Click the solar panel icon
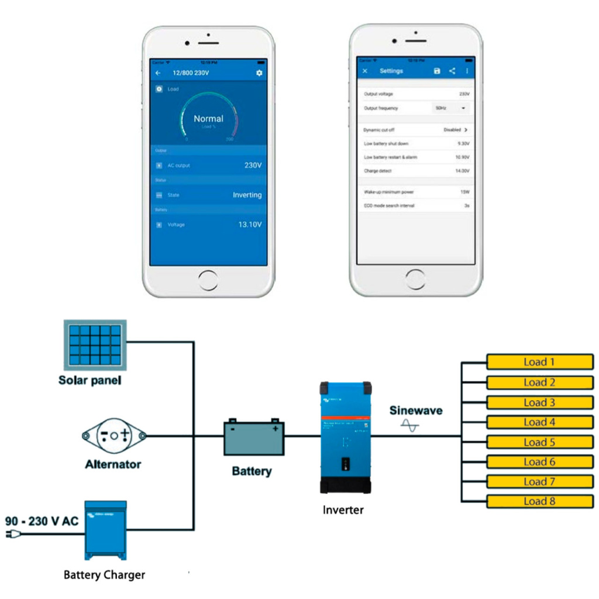[95, 345]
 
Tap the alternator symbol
[114, 436]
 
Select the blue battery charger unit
[105, 530]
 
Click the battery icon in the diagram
[254, 438]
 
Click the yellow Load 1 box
[539, 362]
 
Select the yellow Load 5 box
[539, 442]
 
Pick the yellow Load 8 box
[539, 501]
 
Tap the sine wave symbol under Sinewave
[410, 427]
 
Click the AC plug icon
[14, 534]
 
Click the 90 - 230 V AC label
[42, 521]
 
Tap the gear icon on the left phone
[259, 73]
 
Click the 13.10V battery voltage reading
[250, 225]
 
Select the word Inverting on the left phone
[247, 195]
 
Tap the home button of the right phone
[415, 279]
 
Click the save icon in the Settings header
[436, 71]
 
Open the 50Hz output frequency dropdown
[451, 108]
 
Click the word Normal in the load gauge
[208, 119]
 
